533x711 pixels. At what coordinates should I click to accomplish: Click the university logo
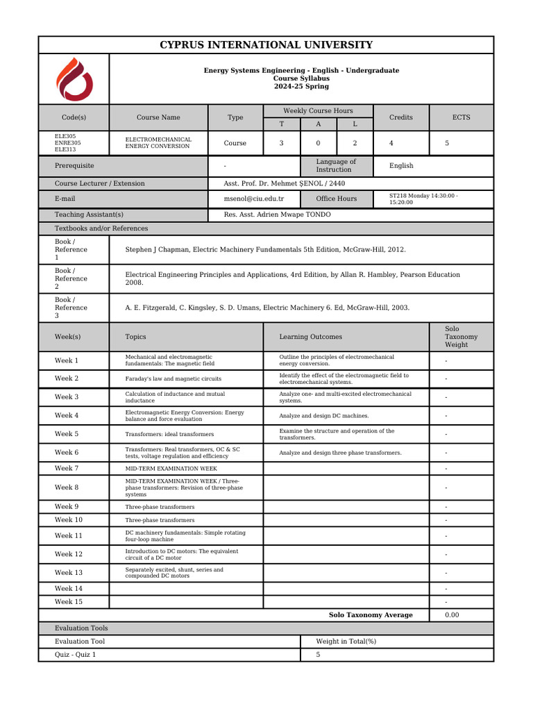[74, 79]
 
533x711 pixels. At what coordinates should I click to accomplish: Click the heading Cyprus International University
[266, 45]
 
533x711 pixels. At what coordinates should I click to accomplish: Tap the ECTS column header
[461, 117]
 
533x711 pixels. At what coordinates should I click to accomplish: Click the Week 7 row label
[67, 469]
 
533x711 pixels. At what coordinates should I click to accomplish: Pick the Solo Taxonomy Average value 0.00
[452, 615]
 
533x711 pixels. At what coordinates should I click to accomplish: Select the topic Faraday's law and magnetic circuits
[173, 379]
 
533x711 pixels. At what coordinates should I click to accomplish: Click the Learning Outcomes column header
[310, 337]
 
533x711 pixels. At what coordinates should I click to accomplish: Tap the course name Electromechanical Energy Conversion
[158, 143]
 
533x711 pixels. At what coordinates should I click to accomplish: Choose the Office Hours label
[336, 199]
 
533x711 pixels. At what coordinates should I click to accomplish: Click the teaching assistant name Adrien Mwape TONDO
[277, 215]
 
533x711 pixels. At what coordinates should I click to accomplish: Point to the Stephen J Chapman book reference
[265, 249]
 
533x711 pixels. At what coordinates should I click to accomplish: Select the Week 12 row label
[68, 555]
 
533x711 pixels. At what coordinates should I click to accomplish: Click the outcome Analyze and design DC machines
[323, 416]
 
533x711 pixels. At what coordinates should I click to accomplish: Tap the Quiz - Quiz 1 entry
[76, 655]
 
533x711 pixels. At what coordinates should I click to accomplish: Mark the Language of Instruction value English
[401, 166]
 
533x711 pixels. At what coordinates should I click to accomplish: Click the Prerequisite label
[74, 166]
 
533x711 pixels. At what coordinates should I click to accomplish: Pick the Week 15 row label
[68, 602]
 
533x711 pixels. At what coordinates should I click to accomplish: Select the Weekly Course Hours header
[318, 111]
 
